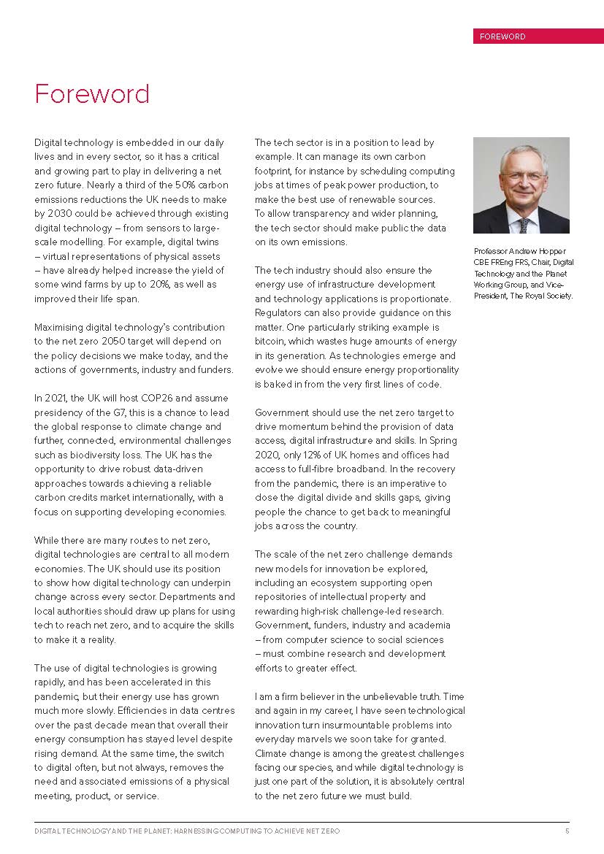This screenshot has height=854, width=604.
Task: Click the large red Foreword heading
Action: (92, 95)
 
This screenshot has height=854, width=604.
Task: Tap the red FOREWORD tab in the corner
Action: (538, 36)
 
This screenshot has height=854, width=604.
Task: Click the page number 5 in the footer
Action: (567, 831)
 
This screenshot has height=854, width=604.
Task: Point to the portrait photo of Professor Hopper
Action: (521, 185)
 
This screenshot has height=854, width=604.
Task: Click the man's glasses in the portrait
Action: (521, 177)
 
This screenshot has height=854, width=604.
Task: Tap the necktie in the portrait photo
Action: (523, 224)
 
